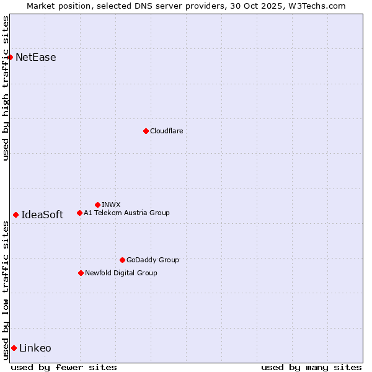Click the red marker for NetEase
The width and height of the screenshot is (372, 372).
coord(10,58)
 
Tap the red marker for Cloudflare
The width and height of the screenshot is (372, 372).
coord(146,131)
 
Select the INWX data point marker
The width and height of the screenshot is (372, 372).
coord(97,205)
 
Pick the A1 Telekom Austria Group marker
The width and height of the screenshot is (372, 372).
coord(79,213)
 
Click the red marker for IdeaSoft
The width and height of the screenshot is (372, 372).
coord(15,215)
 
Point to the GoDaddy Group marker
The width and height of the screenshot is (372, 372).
coord(122,260)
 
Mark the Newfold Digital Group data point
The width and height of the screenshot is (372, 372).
coord(81,273)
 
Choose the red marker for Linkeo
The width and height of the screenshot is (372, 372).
coord(14,348)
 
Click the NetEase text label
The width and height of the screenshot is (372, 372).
coord(36,58)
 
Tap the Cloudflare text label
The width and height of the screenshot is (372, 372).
coord(166,131)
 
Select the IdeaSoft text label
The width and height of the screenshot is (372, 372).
coord(42,215)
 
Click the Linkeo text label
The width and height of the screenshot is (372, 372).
coord(35,348)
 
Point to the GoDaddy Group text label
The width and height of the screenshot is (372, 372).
coord(153,260)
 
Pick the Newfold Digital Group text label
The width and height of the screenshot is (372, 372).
coord(121,273)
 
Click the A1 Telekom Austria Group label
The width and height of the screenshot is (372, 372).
coord(126,213)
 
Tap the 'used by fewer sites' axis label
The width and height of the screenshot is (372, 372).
coord(64,367)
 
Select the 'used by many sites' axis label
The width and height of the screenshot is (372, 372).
coord(311,367)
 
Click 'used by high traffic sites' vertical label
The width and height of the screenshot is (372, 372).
coord(6,88)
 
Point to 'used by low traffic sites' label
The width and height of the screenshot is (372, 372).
coord(6,290)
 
